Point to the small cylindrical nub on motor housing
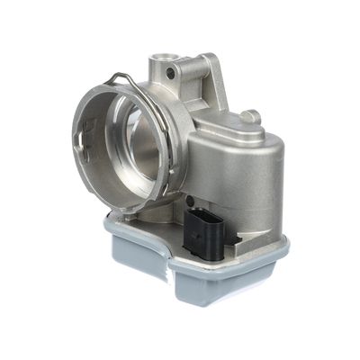point(252,117)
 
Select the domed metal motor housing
point(238,166)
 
